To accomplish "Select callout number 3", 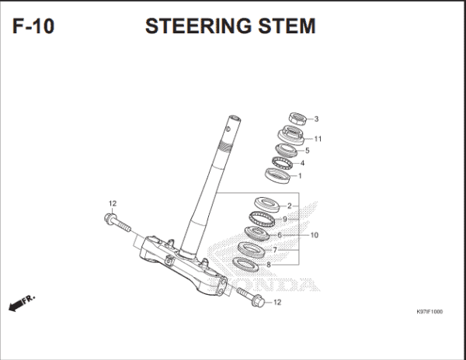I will (x=316, y=119).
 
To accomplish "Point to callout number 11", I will (x=318, y=139).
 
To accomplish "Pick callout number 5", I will (x=308, y=151).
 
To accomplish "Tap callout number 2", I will (x=289, y=206).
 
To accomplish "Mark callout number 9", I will (x=284, y=220).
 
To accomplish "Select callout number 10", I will (x=315, y=234).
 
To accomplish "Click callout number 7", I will (x=274, y=249).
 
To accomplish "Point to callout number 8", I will (x=269, y=265).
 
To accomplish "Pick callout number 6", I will (x=279, y=234).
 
